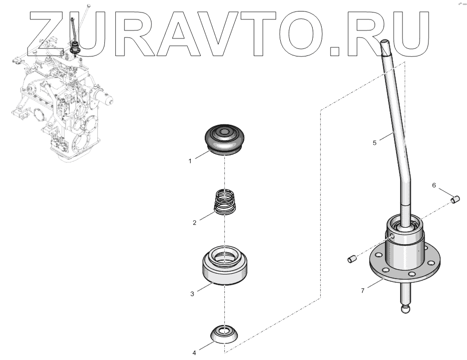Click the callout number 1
(x=190, y=161)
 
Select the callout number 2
(x=194, y=223)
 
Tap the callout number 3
(x=192, y=294)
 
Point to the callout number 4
(x=194, y=353)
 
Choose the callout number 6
(x=434, y=185)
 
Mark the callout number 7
(x=362, y=290)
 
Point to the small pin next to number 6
(x=454, y=200)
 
